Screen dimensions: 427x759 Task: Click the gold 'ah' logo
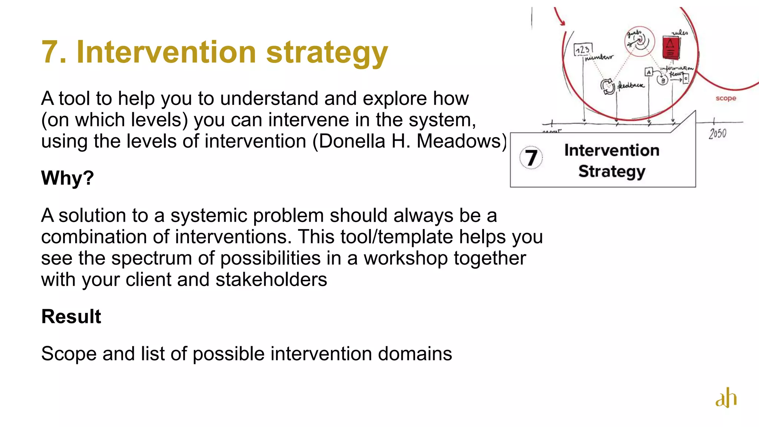click(726, 398)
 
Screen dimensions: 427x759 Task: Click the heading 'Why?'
click(67, 178)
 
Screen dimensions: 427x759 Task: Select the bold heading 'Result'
click(71, 317)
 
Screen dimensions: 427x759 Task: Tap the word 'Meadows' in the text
click(458, 141)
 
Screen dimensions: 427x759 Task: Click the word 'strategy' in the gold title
click(327, 53)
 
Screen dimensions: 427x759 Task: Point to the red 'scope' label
click(726, 98)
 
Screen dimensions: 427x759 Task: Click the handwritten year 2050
click(717, 133)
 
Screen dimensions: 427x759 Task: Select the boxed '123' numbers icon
click(583, 49)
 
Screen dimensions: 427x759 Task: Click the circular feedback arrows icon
click(607, 86)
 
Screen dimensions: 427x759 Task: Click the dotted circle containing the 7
click(531, 158)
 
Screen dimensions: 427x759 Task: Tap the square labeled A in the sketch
click(649, 72)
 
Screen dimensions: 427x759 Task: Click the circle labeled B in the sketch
click(662, 80)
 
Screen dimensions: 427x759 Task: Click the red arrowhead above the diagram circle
click(562, 22)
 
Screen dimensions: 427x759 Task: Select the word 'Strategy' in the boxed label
click(612, 171)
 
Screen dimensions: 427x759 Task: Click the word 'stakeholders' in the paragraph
click(271, 279)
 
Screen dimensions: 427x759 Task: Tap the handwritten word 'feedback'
click(631, 86)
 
